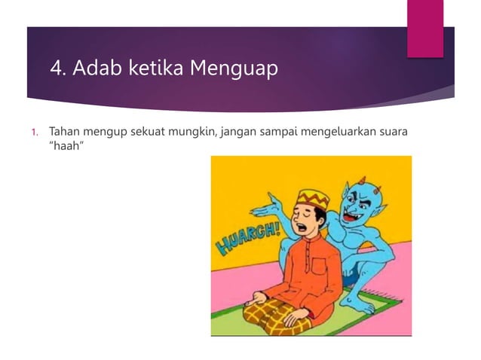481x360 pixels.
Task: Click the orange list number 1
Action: tap(34, 133)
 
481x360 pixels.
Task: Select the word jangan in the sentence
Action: tap(237, 133)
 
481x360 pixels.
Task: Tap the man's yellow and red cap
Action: tap(311, 198)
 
